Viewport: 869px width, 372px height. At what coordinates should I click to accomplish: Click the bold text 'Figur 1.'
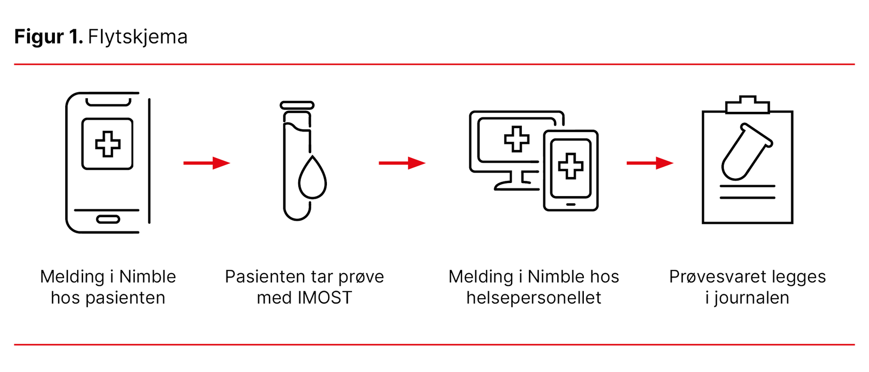(48, 37)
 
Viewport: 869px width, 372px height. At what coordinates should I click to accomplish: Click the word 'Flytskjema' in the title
(137, 37)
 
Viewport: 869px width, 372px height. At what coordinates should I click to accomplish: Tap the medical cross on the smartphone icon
(108, 144)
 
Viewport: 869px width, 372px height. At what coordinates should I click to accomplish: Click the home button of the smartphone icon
(108, 219)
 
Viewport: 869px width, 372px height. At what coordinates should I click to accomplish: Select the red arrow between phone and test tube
(206, 163)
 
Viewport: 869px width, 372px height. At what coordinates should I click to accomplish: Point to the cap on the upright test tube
(297, 105)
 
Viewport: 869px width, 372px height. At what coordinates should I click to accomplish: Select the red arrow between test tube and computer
(402, 163)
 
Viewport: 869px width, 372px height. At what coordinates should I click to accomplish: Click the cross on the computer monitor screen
(517, 139)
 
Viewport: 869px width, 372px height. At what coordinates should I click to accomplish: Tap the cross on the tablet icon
(570, 166)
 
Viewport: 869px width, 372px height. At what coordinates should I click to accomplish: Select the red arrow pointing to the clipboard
(650, 163)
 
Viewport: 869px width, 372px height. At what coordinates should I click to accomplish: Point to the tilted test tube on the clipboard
(745, 152)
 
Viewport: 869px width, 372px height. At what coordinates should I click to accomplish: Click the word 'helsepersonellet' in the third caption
(533, 298)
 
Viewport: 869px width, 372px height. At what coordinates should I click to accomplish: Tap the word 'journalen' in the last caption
(752, 298)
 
